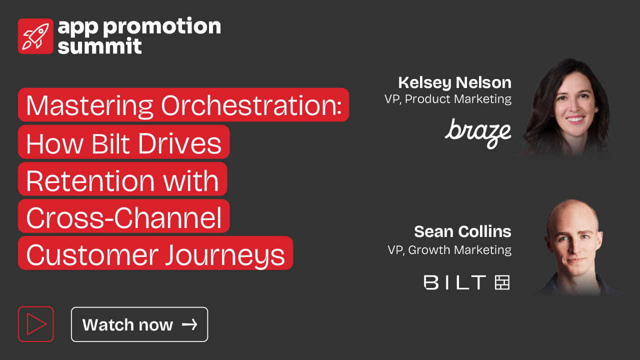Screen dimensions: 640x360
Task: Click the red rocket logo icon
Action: pos(35,36)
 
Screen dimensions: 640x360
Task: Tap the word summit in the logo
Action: pos(99,46)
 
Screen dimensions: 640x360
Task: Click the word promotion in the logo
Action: pos(162,26)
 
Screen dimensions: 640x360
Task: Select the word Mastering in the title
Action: pos(89,106)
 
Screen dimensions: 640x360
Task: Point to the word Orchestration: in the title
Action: pos(251,105)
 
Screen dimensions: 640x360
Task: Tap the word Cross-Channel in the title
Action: pos(124,217)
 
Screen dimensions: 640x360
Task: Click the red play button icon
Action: pos(36,324)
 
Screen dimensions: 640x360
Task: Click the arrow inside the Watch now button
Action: pos(189,324)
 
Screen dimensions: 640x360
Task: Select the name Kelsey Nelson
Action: pos(455,83)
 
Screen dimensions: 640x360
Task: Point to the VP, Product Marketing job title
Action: pos(448,99)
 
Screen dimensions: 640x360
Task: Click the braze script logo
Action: pos(478,133)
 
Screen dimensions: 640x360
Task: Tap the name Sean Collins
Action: pos(462,231)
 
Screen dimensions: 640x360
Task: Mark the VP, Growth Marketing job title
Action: pos(449,250)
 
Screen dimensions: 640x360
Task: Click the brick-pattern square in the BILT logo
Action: pos(502,282)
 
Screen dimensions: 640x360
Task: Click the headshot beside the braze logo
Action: pos(567,107)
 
